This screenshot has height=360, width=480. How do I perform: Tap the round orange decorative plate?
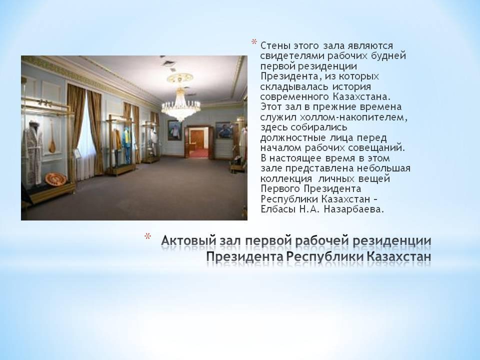point(55,179)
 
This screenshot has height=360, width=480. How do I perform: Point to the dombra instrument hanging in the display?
point(52,136)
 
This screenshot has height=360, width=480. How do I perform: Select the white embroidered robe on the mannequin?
point(34,153)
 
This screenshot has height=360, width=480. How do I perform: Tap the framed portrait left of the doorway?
point(174,130)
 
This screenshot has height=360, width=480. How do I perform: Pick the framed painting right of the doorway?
point(224,130)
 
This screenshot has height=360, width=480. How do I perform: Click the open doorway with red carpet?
point(198,142)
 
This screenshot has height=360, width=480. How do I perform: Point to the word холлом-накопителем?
point(354,117)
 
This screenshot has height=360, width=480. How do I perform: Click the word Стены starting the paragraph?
point(275,46)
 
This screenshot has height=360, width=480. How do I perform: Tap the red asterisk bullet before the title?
point(148,236)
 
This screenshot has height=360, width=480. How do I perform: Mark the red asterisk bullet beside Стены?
point(254,41)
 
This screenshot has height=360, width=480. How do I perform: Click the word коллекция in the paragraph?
point(286,179)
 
